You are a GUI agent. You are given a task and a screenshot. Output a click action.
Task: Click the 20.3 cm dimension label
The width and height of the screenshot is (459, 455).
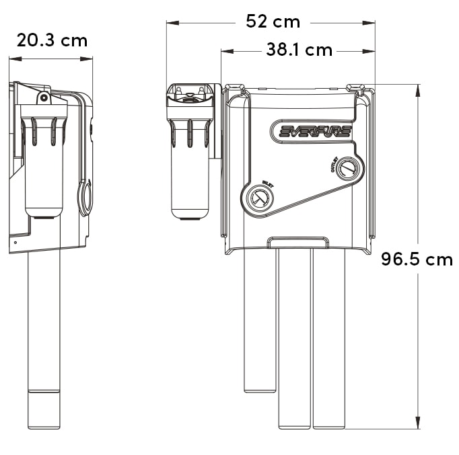click(x=52, y=40)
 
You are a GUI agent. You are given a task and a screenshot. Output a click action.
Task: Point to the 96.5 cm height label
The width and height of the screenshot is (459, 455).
click(x=417, y=259)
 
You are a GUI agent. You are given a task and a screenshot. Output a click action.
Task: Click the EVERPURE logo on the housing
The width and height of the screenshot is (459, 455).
click(x=315, y=130)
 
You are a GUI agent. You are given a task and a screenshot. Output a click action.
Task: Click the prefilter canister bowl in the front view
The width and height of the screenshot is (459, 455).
click(x=190, y=175)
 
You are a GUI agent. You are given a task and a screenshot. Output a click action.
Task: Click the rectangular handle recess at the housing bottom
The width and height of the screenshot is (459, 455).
click(x=299, y=241)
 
